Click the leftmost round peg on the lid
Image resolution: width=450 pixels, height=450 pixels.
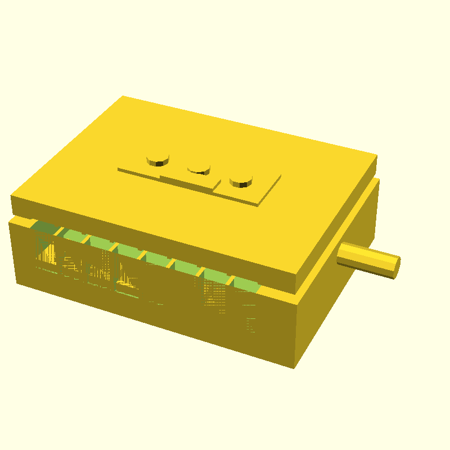tap(157, 159)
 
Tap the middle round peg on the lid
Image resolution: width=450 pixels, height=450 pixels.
tap(199, 166)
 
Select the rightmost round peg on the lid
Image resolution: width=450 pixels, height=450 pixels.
tap(241, 181)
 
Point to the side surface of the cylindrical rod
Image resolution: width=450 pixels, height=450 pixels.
tap(366, 258)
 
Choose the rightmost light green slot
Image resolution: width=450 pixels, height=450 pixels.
tap(246, 285)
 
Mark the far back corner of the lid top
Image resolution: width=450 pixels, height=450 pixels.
tap(123, 97)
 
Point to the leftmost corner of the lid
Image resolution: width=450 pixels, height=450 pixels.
tap(12, 196)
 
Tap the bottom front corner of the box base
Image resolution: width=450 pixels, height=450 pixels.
tap(294, 368)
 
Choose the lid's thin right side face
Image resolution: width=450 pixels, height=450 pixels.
tap(337, 225)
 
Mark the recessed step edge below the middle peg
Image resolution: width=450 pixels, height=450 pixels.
tap(186, 181)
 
